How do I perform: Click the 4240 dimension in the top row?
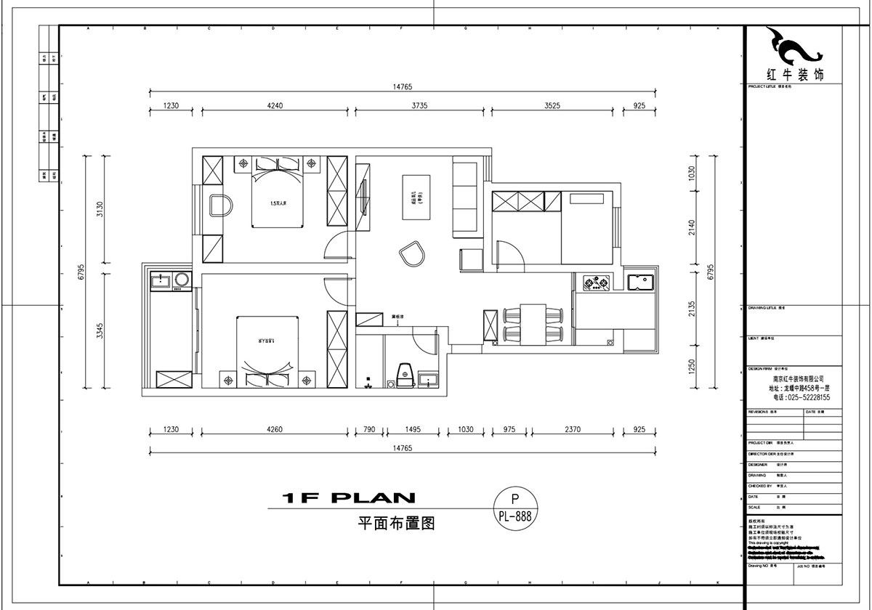tap(274, 106)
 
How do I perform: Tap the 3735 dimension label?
tap(419, 106)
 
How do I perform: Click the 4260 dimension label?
tap(274, 430)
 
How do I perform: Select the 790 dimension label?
tap(368, 430)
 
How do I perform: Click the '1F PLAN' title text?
tap(349, 498)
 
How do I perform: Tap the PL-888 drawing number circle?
tap(515, 508)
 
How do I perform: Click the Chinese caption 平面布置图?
tap(396, 524)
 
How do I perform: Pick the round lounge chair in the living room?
tap(412, 254)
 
